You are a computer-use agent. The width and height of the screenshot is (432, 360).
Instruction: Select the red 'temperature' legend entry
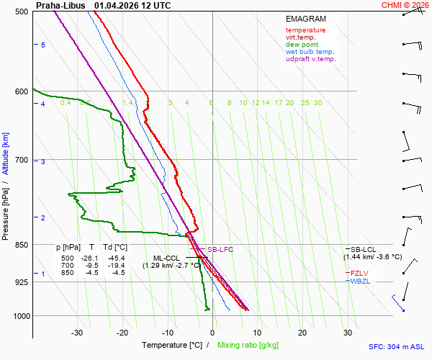coord(305,30)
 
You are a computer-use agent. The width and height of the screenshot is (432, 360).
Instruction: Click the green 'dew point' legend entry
coord(302,45)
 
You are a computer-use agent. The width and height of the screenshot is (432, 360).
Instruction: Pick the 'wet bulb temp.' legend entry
coord(310,52)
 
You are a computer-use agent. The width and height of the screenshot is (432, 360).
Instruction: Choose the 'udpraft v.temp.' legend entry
coord(310,59)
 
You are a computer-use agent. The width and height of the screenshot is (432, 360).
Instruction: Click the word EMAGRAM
coord(305,18)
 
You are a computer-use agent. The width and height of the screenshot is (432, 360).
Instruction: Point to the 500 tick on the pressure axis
coord(22,12)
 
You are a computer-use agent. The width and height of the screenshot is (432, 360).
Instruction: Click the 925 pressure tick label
coord(22,282)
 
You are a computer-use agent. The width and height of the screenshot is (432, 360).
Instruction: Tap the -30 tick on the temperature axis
coord(77,333)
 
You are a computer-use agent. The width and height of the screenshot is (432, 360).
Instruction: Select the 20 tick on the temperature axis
coord(302,333)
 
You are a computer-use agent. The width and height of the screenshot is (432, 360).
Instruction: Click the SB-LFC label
coord(220,249)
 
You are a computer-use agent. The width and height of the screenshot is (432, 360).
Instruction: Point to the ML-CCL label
coord(166,258)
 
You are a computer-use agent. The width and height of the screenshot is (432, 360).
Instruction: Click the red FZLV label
coord(361,273)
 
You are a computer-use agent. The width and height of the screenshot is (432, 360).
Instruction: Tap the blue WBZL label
coord(361,281)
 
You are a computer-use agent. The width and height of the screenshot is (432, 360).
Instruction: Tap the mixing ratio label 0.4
coord(66,103)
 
